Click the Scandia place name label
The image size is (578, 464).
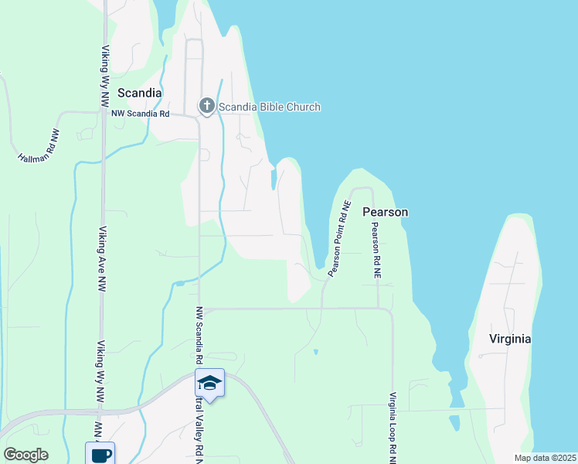click(139, 93)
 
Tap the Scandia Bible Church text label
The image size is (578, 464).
click(269, 107)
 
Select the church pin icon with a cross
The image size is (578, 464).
click(206, 106)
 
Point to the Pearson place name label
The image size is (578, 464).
click(385, 212)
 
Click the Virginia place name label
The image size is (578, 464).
click(510, 339)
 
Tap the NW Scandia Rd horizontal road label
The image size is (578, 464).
click(140, 114)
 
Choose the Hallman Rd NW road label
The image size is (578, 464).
click(39, 145)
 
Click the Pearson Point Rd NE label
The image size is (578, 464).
click(339, 239)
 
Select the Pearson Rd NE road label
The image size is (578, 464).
click(376, 251)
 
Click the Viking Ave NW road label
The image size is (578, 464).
click(101, 258)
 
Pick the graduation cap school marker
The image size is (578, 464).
click(209, 382)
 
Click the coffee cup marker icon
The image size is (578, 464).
click(100, 454)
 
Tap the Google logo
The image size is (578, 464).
click(25, 455)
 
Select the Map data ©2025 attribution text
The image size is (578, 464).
click(544, 458)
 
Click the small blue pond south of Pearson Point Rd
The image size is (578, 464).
click(315, 352)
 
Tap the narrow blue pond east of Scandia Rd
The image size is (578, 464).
click(273, 179)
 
